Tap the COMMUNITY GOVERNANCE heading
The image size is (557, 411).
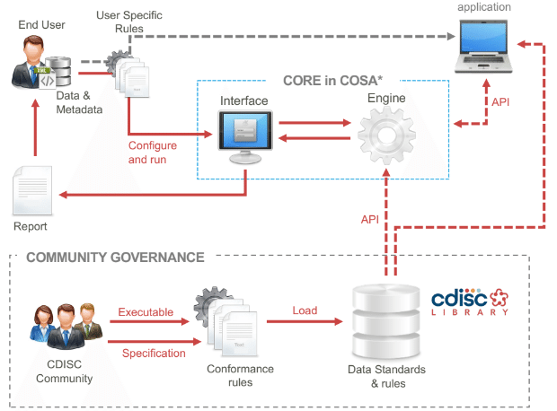click(x=115, y=258)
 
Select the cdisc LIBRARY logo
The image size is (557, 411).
click(x=470, y=302)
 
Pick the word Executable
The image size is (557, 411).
click(x=146, y=311)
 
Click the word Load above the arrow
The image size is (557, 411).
click(x=305, y=311)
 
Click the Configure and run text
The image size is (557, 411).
click(x=153, y=152)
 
